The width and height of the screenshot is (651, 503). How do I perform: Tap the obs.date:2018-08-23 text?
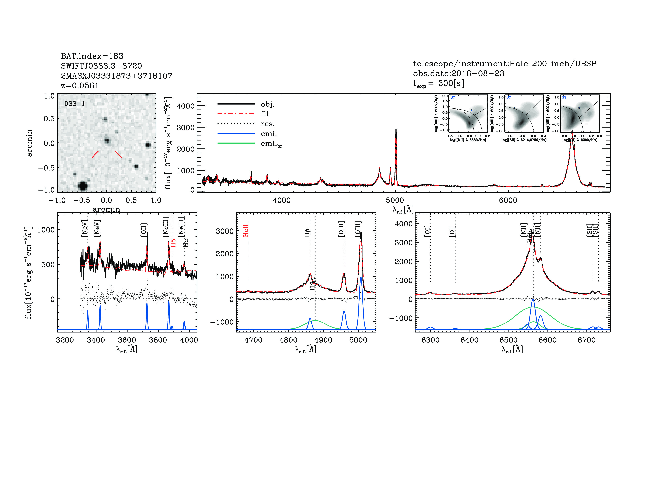click(x=458, y=73)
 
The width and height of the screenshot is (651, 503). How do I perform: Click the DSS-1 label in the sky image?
click(x=75, y=104)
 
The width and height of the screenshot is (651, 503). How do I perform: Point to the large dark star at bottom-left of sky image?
click(x=83, y=186)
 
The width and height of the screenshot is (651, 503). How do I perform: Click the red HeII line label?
click(x=246, y=231)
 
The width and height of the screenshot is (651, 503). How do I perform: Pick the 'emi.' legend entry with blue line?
click(x=268, y=134)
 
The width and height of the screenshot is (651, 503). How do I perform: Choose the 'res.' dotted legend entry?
click(x=267, y=124)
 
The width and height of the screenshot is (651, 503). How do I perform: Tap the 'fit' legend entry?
click(x=265, y=114)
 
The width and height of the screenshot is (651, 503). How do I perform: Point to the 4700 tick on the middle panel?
click(x=253, y=340)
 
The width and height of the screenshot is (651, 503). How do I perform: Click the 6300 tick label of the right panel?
click(x=430, y=340)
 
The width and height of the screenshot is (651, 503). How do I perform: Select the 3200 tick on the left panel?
click(x=65, y=340)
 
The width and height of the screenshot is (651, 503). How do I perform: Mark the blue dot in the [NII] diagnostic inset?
click(x=471, y=110)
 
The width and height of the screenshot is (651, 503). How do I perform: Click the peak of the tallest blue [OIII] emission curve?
click(x=361, y=277)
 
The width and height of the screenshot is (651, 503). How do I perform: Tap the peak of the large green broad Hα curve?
click(x=533, y=307)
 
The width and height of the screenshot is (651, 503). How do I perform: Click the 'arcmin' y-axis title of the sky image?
click(x=29, y=143)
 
